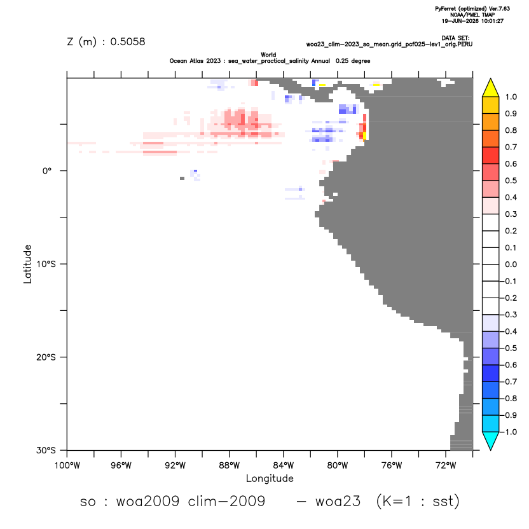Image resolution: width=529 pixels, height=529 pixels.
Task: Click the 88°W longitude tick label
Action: pyautogui.click(x=229, y=466)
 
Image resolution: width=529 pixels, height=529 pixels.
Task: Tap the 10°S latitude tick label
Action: pyautogui.click(x=46, y=264)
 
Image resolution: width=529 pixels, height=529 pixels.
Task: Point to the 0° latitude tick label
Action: pyautogui.click(x=47, y=170)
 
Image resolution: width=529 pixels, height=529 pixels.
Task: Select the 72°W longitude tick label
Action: pyautogui.click(x=446, y=466)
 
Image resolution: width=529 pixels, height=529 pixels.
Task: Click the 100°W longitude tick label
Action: pyautogui.click(x=67, y=466)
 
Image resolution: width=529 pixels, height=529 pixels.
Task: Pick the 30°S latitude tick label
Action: pyautogui.click(x=46, y=450)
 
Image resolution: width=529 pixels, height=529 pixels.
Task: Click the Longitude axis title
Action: pyautogui.click(x=270, y=479)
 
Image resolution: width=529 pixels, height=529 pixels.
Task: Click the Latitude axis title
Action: pyautogui.click(x=27, y=264)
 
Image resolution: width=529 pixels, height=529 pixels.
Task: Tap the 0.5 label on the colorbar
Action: pyautogui.click(x=511, y=181)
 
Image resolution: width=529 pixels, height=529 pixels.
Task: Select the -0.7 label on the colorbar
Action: pyautogui.click(x=509, y=381)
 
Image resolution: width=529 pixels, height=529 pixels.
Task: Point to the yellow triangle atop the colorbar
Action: pyautogui.click(x=491, y=88)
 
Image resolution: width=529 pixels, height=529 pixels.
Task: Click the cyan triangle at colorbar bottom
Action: pyautogui.click(x=491, y=441)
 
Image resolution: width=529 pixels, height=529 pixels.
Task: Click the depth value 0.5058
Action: pyautogui.click(x=128, y=41)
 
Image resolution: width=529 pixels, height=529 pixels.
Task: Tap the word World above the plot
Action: pyautogui.click(x=268, y=55)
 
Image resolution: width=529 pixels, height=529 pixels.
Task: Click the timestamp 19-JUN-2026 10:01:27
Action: pyautogui.click(x=472, y=21)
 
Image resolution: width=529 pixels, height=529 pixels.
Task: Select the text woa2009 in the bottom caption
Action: pyautogui.click(x=148, y=501)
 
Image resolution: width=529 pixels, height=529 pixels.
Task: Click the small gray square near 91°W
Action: pyautogui.click(x=182, y=178)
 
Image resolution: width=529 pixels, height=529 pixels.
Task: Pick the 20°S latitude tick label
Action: pyautogui.click(x=46, y=357)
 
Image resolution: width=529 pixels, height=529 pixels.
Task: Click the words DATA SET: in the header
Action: pyautogui.click(x=455, y=38)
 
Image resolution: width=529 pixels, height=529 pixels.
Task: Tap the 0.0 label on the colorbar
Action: pyautogui.click(x=511, y=264)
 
